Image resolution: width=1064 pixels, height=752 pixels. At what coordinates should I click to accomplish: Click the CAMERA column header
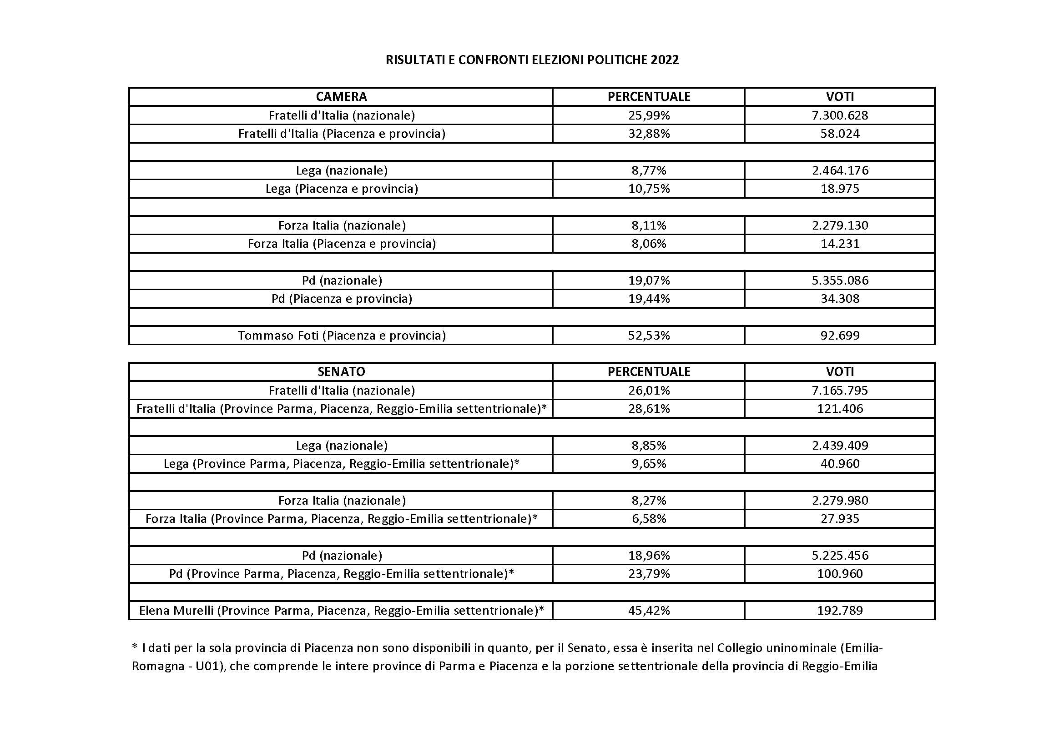click(x=341, y=96)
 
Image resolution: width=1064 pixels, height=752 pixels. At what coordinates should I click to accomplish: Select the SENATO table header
click(x=341, y=371)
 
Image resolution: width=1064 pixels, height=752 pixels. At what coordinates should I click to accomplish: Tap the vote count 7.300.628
click(x=839, y=115)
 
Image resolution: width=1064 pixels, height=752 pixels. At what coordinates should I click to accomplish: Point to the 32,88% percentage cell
click(x=648, y=133)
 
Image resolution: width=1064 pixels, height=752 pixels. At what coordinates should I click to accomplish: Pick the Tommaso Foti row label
click(x=342, y=335)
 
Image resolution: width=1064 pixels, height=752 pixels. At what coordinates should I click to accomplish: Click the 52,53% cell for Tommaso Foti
click(x=648, y=335)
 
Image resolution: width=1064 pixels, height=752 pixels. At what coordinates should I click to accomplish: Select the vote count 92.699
click(x=839, y=335)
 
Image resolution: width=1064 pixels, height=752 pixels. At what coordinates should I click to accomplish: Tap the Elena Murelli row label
click(x=342, y=610)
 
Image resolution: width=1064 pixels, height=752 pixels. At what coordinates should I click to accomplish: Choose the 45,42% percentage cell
click(x=648, y=610)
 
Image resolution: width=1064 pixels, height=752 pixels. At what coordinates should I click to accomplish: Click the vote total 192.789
click(x=839, y=610)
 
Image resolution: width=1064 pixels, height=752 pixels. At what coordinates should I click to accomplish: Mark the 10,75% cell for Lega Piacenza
click(x=648, y=189)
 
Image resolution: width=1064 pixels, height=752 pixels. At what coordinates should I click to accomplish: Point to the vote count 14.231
click(x=839, y=244)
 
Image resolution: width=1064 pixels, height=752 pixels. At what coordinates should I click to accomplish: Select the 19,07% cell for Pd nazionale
click(x=648, y=280)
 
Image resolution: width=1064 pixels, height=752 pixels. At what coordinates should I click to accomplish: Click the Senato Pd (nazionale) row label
click(x=342, y=555)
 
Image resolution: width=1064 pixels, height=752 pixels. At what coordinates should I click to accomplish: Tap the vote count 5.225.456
click(x=839, y=555)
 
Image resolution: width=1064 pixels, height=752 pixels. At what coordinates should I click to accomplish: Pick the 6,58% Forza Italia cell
click(x=648, y=519)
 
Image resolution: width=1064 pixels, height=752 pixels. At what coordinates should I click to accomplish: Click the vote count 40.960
click(x=839, y=463)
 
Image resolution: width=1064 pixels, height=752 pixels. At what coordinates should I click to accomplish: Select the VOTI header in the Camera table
click(x=839, y=96)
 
